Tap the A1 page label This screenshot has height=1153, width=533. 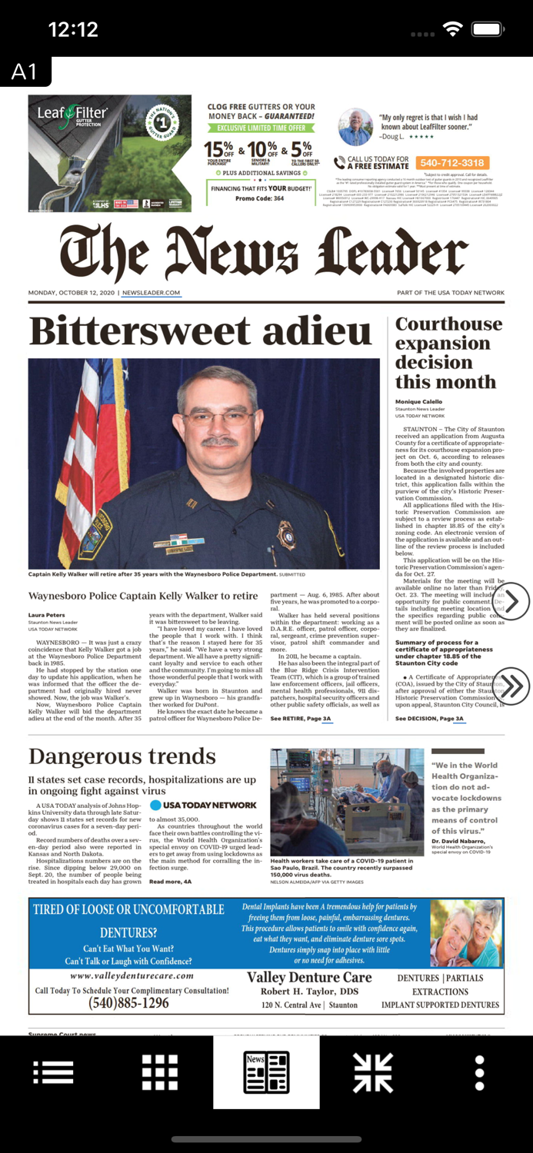click(x=25, y=71)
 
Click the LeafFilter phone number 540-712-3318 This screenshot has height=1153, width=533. click(x=451, y=163)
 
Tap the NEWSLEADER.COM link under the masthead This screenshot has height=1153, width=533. click(x=151, y=293)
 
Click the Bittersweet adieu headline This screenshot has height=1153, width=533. click(x=200, y=331)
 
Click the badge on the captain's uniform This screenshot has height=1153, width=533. click(x=285, y=533)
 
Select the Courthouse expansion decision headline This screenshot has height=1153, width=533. click(x=448, y=353)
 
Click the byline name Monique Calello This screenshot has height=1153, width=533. click(x=419, y=402)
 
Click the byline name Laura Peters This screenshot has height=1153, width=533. click(x=47, y=615)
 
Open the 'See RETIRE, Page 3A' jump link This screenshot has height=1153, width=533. click(x=301, y=719)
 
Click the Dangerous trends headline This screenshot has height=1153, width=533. click(x=122, y=756)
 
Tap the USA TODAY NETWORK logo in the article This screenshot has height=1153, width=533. click(x=203, y=805)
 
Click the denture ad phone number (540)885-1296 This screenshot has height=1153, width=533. click(x=128, y=1003)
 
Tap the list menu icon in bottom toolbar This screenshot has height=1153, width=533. click(x=53, y=1072)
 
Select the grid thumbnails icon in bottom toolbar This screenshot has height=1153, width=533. click(x=160, y=1072)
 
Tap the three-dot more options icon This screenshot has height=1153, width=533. click(x=479, y=1072)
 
